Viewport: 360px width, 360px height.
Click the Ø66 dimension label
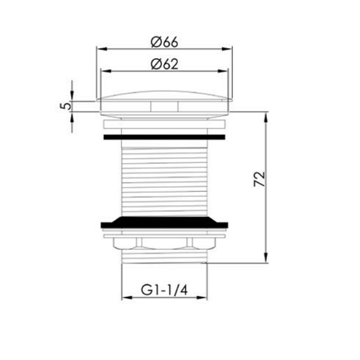[x=164, y=42]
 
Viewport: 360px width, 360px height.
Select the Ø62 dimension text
[x=164, y=64]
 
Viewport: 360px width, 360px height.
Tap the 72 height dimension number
[x=259, y=179]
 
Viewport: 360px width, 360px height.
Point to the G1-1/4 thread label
[x=164, y=290]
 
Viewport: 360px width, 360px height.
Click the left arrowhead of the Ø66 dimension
[x=102, y=49]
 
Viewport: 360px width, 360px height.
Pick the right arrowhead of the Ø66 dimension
[x=227, y=49]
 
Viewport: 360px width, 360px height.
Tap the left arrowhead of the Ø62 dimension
[x=106, y=71]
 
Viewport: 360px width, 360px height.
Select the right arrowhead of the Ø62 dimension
[x=223, y=71]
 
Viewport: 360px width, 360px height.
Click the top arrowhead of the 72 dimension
[x=266, y=117]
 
